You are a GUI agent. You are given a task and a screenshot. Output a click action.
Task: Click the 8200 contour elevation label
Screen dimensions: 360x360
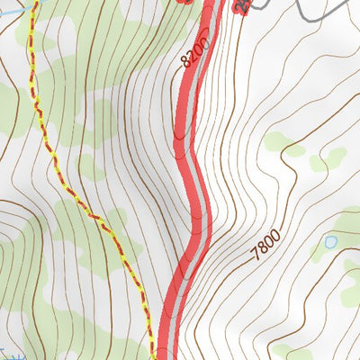[x=194, y=52]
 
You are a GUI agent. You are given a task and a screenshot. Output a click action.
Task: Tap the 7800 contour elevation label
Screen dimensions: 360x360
[x=266, y=246]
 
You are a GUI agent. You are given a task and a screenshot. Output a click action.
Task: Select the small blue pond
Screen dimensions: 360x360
[x=331, y=242]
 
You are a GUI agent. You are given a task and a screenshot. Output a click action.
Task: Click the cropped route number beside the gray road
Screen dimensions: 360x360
[x=241, y=4]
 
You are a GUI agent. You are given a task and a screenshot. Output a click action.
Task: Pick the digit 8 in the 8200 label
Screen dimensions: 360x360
[x=186, y=63]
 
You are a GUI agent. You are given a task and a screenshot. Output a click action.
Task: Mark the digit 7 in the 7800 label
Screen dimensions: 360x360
[x=256, y=255]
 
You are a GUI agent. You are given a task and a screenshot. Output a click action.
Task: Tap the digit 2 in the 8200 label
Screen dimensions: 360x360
[x=191, y=56]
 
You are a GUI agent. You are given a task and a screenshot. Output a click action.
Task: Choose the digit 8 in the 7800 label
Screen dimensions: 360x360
[x=263, y=249]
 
